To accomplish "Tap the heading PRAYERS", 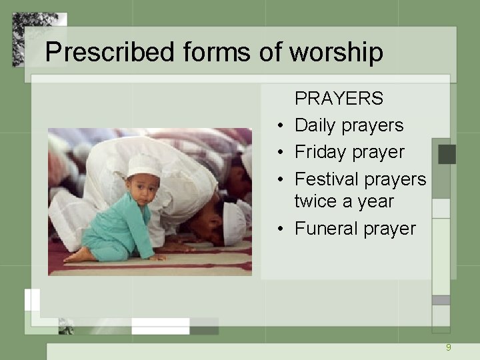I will pyautogui.click(x=339, y=99).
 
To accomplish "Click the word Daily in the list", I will pyautogui.click(x=315, y=125).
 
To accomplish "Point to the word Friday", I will pyautogui.click(x=321, y=152).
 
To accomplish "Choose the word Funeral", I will pyautogui.click(x=328, y=228).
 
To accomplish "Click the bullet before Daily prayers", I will pyautogui.click(x=282, y=126).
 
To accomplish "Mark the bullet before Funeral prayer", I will pyautogui.click(x=282, y=229).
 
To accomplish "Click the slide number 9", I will pyautogui.click(x=449, y=347).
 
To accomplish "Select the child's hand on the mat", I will pyautogui.click(x=157, y=257).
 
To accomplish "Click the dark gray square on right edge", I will pyautogui.click(x=447, y=154).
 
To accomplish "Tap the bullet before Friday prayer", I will pyautogui.click(x=282, y=153).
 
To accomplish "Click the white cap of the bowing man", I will pyautogui.click(x=234, y=223).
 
